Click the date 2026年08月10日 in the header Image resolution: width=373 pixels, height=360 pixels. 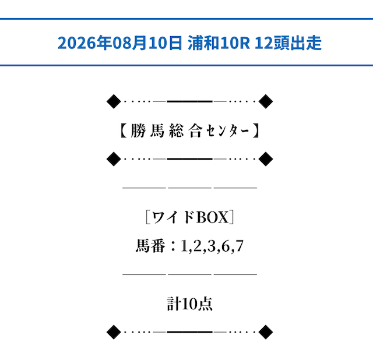(x=120, y=43)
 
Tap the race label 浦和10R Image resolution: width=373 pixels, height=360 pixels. (x=219, y=43)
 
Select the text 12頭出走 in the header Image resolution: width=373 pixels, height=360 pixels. (x=288, y=43)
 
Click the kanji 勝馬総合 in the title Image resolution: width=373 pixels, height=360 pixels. (x=167, y=131)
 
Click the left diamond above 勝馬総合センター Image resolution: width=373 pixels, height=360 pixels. (x=114, y=101)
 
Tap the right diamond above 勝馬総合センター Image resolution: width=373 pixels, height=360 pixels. (x=266, y=101)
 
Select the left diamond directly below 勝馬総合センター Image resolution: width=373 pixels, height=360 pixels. (x=114, y=159)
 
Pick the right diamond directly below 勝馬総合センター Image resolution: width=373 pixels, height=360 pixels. (x=266, y=159)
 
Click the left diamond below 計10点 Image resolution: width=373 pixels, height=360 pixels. (x=114, y=332)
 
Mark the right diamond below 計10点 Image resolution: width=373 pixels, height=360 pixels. (x=266, y=332)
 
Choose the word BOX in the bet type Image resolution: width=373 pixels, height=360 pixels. (x=212, y=217)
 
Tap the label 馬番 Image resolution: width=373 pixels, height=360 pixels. (x=150, y=246)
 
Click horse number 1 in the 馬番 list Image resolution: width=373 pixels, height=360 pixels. (x=184, y=246)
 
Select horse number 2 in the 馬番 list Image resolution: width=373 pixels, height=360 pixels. (x=198, y=246)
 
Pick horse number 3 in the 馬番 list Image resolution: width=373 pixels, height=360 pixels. (x=212, y=246)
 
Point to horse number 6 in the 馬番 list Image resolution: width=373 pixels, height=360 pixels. (x=226, y=246)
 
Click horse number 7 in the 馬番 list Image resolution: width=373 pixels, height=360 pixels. (x=240, y=246)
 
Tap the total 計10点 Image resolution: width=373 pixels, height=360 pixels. (x=189, y=303)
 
